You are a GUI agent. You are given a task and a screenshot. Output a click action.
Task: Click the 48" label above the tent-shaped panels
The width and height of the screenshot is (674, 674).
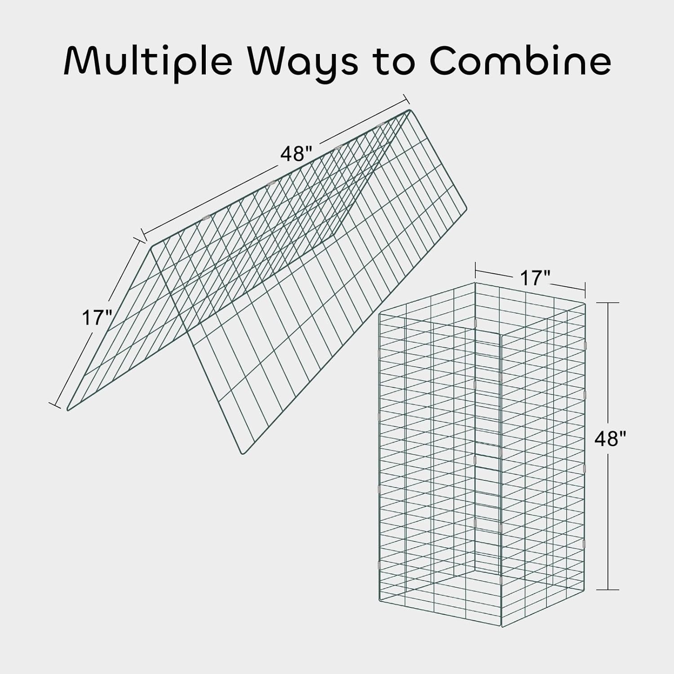[296, 154]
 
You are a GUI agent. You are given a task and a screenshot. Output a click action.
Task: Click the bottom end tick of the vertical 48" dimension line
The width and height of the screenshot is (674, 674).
[608, 590]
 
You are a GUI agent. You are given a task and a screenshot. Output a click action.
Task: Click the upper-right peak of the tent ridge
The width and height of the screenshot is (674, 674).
[409, 111]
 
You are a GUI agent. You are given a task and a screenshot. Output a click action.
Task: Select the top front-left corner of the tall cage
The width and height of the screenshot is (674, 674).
[380, 314]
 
